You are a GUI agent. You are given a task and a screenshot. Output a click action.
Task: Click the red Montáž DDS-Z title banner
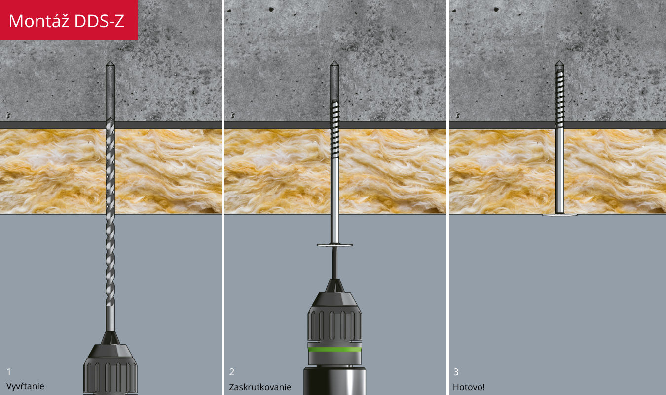[69, 20]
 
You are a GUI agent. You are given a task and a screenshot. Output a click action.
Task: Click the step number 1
[9, 372]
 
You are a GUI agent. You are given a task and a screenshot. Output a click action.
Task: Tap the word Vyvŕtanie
[25, 386]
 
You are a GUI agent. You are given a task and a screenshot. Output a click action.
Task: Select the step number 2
[232, 372]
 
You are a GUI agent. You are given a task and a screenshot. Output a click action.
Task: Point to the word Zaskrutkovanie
[260, 387]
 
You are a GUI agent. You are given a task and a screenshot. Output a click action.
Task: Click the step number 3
[456, 372]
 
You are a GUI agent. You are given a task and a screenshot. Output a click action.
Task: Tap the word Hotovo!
[469, 387]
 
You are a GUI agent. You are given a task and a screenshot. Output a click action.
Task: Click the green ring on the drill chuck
[335, 349]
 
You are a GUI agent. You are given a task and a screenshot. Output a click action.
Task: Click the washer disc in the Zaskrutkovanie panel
[335, 245]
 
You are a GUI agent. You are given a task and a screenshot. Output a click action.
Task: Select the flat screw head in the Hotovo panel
[559, 215]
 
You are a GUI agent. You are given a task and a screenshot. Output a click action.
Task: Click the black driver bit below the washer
[335, 263]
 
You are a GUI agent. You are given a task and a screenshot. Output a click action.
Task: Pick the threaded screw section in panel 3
[559, 99]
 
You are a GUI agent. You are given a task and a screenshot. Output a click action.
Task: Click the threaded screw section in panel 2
[335, 129]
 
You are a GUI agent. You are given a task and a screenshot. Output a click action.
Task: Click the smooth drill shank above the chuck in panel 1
[111, 318]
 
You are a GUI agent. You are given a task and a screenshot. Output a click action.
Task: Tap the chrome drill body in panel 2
[335, 382]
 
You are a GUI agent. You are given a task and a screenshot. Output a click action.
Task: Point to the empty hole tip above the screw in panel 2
[335, 80]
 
